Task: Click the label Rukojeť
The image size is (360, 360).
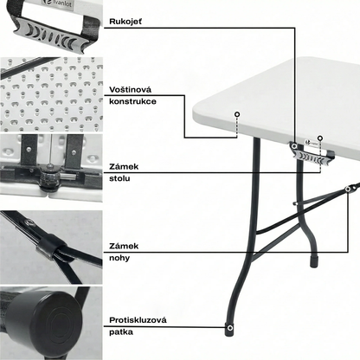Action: [x=125, y=22]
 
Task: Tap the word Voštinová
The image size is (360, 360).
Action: [x=130, y=90]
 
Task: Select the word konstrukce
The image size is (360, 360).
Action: [x=132, y=101]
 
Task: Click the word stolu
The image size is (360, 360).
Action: [x=119, y=178]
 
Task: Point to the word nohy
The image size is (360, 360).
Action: [x=119, y=258]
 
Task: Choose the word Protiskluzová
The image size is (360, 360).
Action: [x=138, y=320]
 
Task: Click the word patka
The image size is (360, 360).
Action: [x=121, y=332]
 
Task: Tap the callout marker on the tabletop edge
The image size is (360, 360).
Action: [x=237, y=114]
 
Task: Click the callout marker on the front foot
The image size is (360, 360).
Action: [x=229, y=328]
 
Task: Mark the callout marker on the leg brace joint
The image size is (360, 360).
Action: [x=348, y=189]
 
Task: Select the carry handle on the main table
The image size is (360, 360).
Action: [x=312, y=155]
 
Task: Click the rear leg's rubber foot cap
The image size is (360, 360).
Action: [x=313, y=260]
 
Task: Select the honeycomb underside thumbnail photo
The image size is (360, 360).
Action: [x=51, y=94]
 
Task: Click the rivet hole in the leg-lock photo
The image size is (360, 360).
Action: [x=29, y=222]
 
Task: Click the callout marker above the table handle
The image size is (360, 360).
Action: [x=320, y=138]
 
